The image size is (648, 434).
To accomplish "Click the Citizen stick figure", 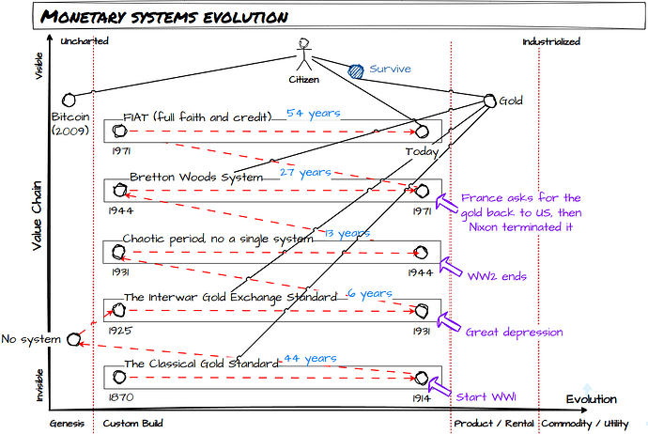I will (x=303, y=55).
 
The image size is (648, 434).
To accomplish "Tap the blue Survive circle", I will (x=356, y=69).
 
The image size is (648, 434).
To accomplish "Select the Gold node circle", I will (x=489, y=101).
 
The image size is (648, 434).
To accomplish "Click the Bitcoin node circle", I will (x=67, y=100).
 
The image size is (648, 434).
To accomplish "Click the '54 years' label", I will (x=313, y=113).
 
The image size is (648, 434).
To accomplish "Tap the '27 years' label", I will (x=304, y=173).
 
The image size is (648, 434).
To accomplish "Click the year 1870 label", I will (x=121, y=397).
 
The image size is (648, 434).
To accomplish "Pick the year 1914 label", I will (x=422, y=397).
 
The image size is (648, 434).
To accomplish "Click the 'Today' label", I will (x=422, y=151).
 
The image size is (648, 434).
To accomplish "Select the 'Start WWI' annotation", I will (x=485, y=396).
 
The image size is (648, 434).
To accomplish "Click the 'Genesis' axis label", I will (x=69, y=424).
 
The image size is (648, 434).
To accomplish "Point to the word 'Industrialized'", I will (x=551, y=41).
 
